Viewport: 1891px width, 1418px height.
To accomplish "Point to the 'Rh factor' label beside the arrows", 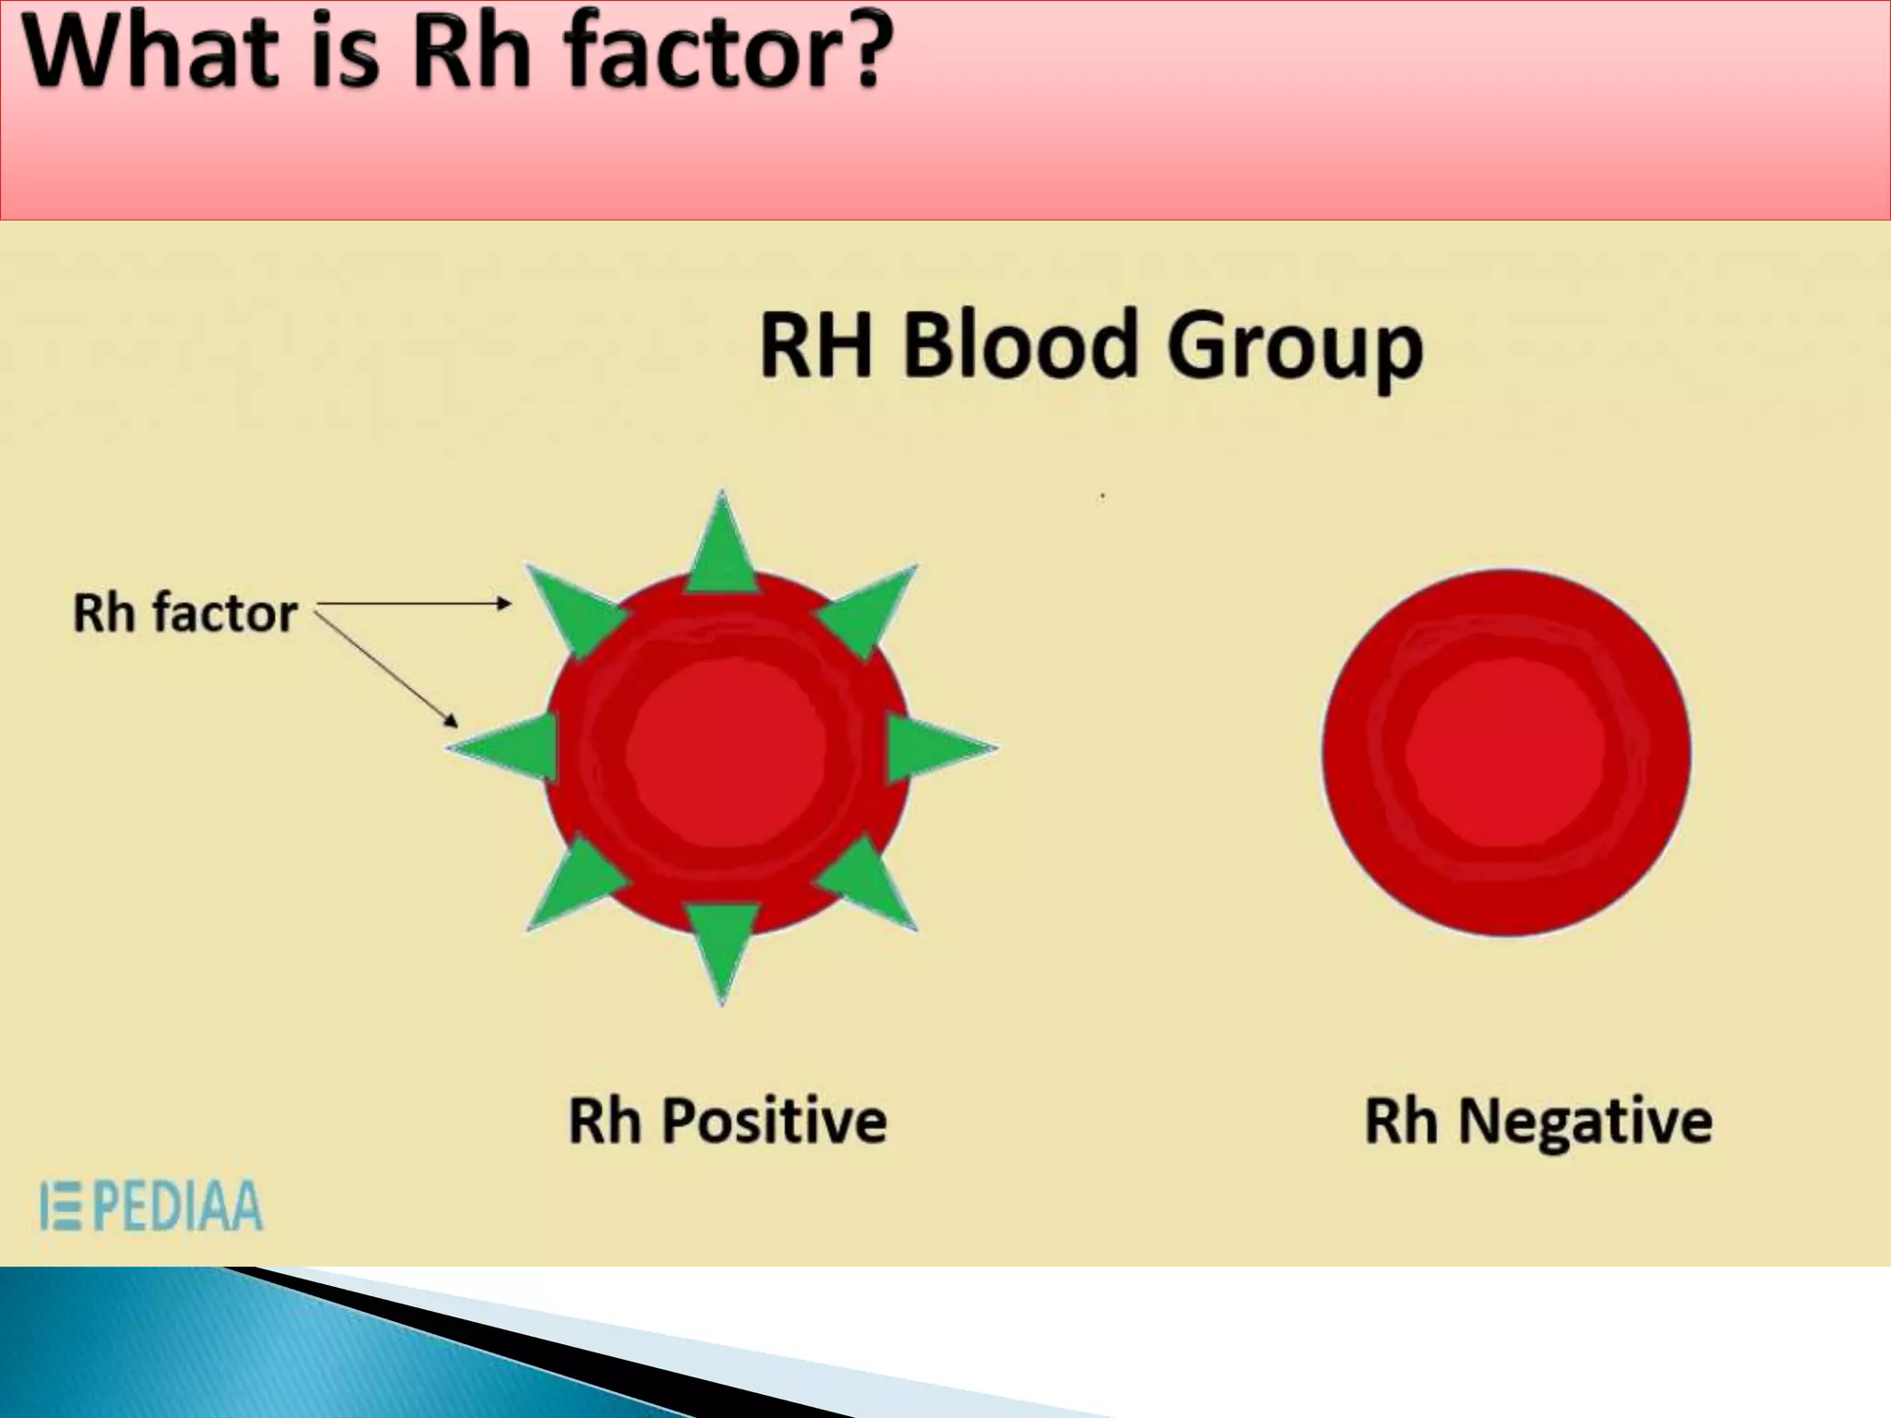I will point(185,613).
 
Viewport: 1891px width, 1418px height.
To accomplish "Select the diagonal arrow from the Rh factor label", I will point(388,667).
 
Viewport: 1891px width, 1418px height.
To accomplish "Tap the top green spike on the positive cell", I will point(722,549).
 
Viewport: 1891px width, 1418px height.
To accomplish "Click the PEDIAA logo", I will point(152,1206).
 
